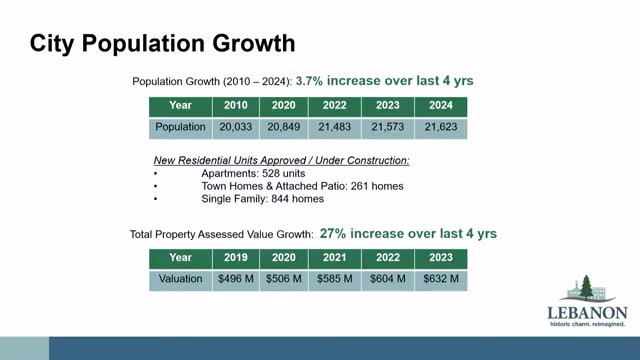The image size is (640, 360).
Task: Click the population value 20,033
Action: coord(236,127)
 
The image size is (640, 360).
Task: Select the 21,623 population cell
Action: coord(441,127)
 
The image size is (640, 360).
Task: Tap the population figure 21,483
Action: coord(335,127)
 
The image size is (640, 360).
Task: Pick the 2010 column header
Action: coord(236,105)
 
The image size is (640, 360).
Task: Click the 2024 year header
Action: coord(441,105)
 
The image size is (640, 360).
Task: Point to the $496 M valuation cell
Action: coord(236,279)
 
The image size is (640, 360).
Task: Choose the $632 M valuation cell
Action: coord(441,279)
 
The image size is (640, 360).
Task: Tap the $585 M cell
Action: coord(335,279)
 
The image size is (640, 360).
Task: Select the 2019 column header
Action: coord(236,258)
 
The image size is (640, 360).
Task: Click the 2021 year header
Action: coord(335,258)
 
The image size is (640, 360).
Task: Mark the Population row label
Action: coord(180,127)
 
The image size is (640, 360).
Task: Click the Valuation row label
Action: coord(180,279)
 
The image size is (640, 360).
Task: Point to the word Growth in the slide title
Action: coord(254,43)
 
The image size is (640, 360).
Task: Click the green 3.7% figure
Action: coord(309,81)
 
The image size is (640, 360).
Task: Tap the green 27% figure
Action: coord(333,233)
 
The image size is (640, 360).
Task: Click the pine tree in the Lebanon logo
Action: coord(586,287)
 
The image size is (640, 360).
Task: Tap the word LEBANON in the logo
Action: coord(587,313)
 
